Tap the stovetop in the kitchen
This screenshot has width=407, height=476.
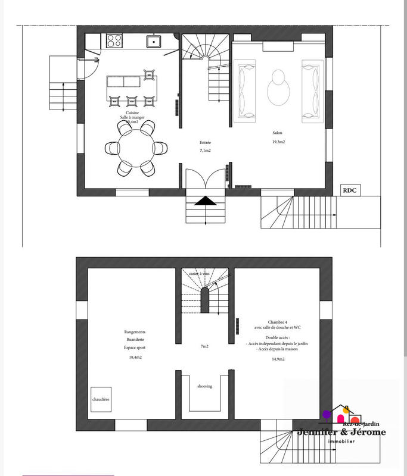pos(114,41)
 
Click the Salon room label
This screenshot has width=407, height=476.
pos(278,134)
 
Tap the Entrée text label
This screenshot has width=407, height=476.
pos(205,143)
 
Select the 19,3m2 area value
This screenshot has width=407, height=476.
pos(279,143)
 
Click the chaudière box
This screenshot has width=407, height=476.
pos(101,400)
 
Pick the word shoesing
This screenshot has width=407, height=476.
pos(204,386)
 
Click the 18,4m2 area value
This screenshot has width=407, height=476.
pos(135,357)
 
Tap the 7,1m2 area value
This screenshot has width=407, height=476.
pos(205,151)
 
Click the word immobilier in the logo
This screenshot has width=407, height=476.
pos(341,440)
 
